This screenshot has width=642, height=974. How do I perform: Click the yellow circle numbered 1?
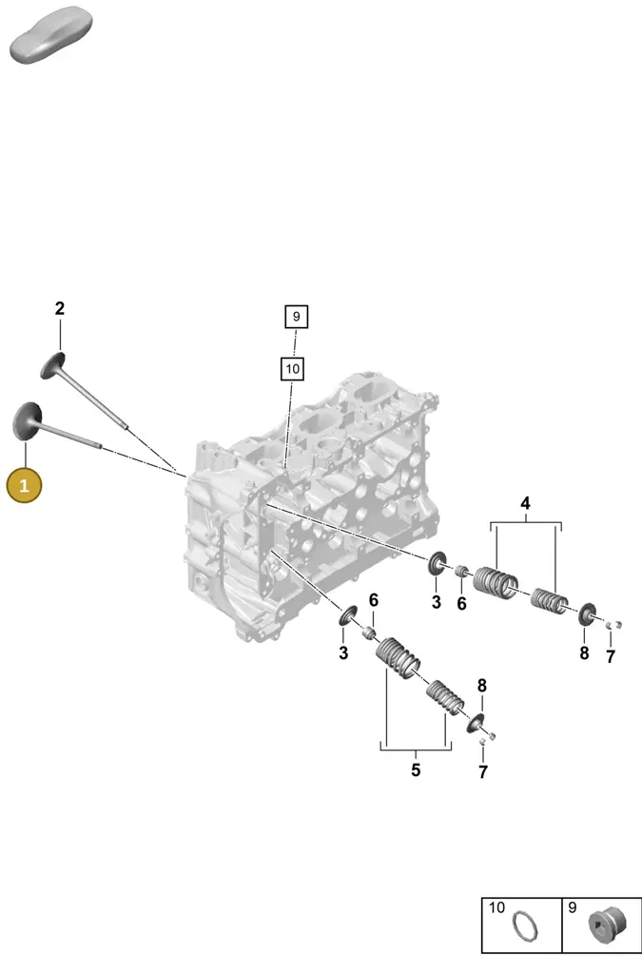(x=24, y=485)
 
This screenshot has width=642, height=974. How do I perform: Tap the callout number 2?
(x=60, y=308)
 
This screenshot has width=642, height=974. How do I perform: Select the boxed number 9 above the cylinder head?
(x=296, y=317)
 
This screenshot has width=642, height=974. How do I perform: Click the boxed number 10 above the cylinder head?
(x=292, y=369)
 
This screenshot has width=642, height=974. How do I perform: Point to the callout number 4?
(x=525, y=503)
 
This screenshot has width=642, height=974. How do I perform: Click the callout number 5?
(x=416, y=770)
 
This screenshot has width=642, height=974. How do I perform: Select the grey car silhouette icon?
(x=51, y=34)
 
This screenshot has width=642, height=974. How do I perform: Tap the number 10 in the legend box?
(x=496, y=907)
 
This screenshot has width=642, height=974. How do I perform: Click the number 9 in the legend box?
(x=572, y=907)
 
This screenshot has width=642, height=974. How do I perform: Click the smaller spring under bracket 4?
(x=549, y=599)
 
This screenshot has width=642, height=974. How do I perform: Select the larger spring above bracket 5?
(x=399, y=657)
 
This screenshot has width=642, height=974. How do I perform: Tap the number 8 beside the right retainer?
(x=584, y=653)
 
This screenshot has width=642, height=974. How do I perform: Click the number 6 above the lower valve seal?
(x=373, y=600)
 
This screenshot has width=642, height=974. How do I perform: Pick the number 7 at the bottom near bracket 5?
(x=483, y=771)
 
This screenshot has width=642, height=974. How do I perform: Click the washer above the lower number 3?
(x=348, y=615)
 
